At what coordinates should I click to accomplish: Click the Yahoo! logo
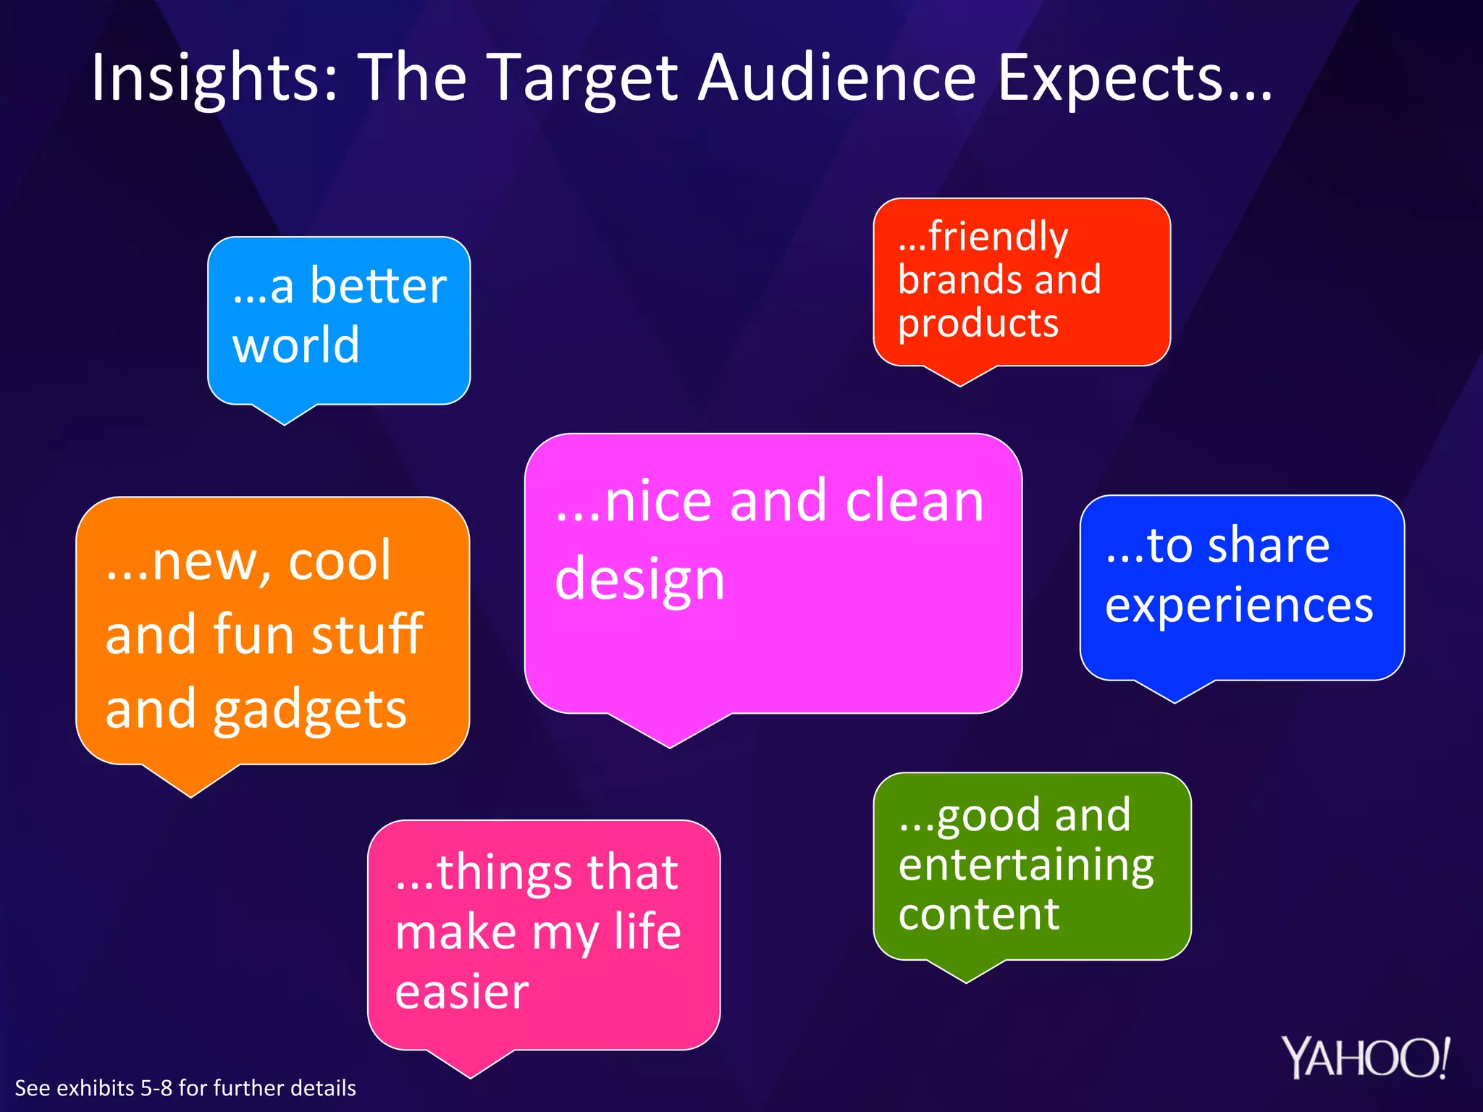pyautogui.click(x=1366, y=1058)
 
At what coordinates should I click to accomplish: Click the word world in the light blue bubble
pyautogui.click(x=295, y=345)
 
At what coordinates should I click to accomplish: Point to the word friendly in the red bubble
pyautogui.click(x=997, y=237)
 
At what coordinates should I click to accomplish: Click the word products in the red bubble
pyautogui.click(x=978, y=323)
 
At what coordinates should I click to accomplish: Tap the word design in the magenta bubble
pyautogui.click(x=639, y=580)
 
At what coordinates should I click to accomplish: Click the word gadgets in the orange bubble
pyautogui.click(x=309, y=710)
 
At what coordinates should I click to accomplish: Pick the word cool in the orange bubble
pyautogui.click(x=340, y=560)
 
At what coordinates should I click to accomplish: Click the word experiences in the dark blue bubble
pyautogui.click(x=1238, y=605)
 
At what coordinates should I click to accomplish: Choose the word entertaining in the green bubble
pyautogui.click(x=1025, y=866)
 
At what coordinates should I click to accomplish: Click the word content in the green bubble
pyautogui.click(x=978, y=914)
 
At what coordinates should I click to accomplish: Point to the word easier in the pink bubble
pyautogui.click(x=462, y=992)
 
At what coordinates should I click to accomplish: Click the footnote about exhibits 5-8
pyautogui.click(x=185, y=1088)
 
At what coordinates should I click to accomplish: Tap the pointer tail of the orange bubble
pyautogui.click(x=191, y=782)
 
